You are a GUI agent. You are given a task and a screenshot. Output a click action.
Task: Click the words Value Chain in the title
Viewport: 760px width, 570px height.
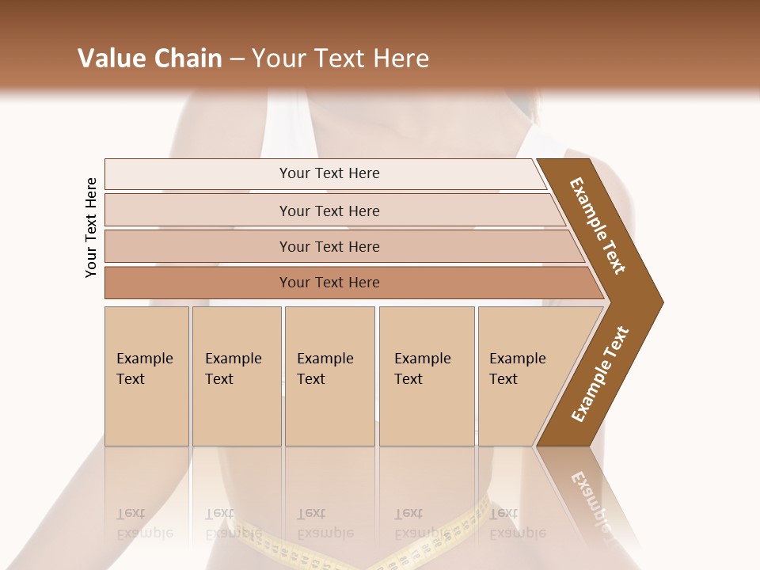coord(150,59)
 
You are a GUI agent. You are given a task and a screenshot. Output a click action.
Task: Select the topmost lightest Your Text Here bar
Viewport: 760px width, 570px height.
coord(329,173)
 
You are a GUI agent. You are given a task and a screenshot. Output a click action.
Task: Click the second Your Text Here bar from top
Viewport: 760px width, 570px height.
coord(329,211)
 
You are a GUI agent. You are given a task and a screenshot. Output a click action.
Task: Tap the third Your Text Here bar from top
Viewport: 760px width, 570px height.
coord(329,246)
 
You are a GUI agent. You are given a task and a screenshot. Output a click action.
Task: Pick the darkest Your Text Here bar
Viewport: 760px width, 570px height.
coord(329,283)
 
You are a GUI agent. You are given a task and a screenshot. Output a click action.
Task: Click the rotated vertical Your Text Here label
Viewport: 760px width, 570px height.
coord(91,227)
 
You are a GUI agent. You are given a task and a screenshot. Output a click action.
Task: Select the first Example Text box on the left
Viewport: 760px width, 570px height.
coord(146,376)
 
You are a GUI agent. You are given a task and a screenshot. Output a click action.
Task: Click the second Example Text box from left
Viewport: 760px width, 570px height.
coord(237,376)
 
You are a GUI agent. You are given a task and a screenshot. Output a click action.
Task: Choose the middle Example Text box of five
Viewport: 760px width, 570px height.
coord(329,376)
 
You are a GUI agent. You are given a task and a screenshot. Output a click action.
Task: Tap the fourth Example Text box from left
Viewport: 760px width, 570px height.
coord(427,376)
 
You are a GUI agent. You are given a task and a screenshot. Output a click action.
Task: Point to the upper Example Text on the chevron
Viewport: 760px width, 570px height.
coord(598,226)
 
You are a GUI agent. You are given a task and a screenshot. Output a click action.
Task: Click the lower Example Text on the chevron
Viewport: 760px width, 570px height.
coord(600,374)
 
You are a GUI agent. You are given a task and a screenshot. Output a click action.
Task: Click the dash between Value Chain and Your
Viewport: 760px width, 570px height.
coord(237,59)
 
